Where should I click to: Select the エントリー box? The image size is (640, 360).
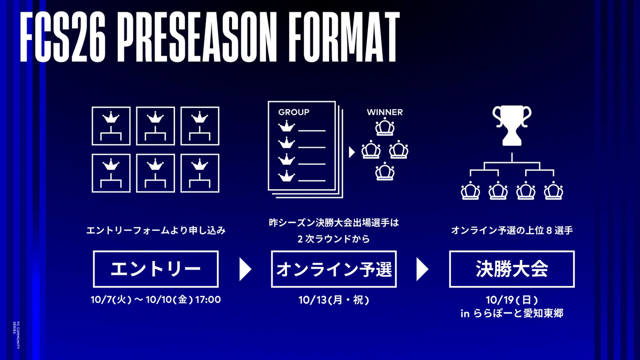[x=156, y=269]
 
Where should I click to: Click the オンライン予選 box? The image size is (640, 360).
[x=334, y=269]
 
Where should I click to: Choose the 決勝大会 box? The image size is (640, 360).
[x=511, y=269]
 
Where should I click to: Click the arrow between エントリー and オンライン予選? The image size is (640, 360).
[x=245, y=269]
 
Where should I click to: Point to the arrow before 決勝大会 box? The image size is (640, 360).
[x=422, y=269]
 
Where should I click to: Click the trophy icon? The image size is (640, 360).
[x=511, y=126]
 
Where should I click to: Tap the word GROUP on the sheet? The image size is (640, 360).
[x=294, y=113]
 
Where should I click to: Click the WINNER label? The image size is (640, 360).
[x=385, y=113]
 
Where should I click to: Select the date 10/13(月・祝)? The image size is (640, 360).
[x=334, y=300]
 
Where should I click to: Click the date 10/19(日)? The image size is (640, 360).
[x=511, y=300]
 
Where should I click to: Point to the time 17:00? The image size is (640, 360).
[x=208, y=300]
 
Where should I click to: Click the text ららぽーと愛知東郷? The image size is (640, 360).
[x=518, y=314]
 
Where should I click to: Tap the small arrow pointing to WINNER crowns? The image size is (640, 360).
[x=351, y=153]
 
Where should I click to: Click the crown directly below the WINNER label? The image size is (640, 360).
[x=385, y=127]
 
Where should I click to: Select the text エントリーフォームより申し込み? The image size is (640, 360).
[x=156, y=230]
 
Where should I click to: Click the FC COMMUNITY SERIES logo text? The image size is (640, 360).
[x=17, y=335]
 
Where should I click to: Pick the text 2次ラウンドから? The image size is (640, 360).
[x=334, y=239]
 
